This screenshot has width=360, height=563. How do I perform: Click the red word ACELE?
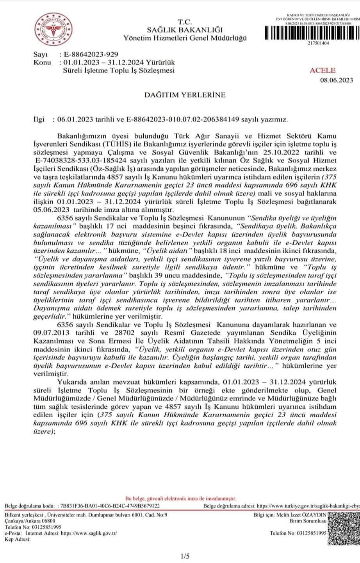click(322, 70)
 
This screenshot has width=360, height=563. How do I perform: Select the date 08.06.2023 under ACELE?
click(337, 80)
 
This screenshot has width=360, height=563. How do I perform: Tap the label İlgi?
click(40, 120)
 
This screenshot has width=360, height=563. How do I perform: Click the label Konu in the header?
click(42, 63)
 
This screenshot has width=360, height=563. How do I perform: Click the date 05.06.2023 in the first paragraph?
click(50, 209)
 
